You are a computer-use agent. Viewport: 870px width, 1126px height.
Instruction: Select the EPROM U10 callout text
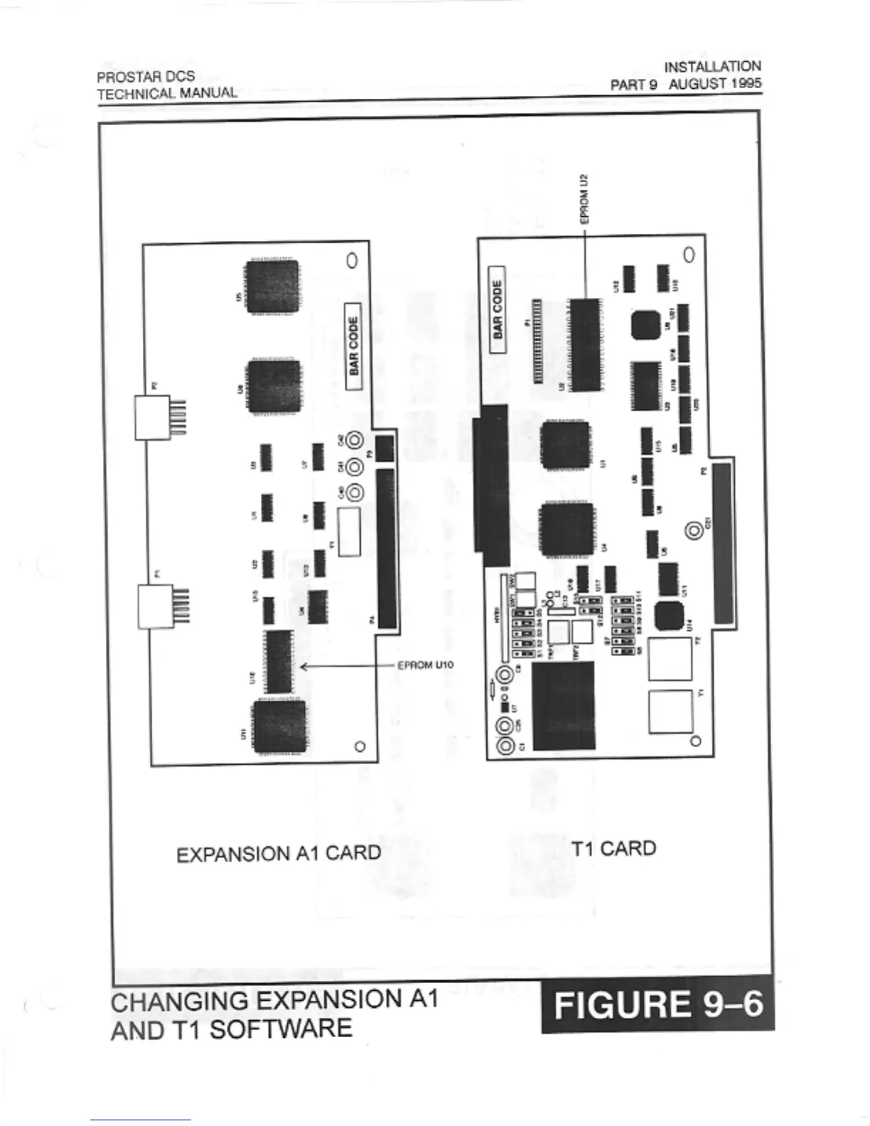click(x=424, y=665)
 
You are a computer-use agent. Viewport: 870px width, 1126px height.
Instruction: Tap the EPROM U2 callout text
click(x=584, y=199)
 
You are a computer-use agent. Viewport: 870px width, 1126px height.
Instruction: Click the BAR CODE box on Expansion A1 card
click(x=354, y=346)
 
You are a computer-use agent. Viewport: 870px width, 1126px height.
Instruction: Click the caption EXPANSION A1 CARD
click(x=278, y=853)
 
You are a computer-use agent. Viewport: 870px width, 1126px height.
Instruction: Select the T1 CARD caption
click(x=613, y=848)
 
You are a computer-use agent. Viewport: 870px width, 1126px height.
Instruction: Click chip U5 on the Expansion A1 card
click(x=273, y=287)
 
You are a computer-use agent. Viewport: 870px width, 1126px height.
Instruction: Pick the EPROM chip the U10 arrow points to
click(x=279, y=661)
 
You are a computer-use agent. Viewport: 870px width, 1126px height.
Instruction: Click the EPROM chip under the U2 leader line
click(x=586, y=344)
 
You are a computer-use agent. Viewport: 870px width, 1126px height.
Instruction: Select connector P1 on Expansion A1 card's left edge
click(x=156, y=606)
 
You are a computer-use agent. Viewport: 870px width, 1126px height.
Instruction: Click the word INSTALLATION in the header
click(x=712, y=67)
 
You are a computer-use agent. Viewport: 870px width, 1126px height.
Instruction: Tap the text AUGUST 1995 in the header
click(x=714, y=83)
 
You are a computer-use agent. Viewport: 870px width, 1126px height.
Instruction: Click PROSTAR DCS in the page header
click(x=146, y=77)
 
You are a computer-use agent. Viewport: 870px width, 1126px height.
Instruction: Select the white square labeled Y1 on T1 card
click(x=670, y=711)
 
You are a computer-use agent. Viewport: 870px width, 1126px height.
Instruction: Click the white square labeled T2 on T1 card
click(x=670, y=658)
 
